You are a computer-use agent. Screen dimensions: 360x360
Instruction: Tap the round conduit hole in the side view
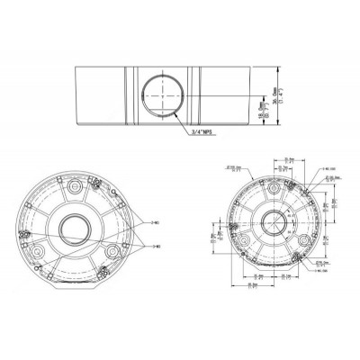tap(159, 94)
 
